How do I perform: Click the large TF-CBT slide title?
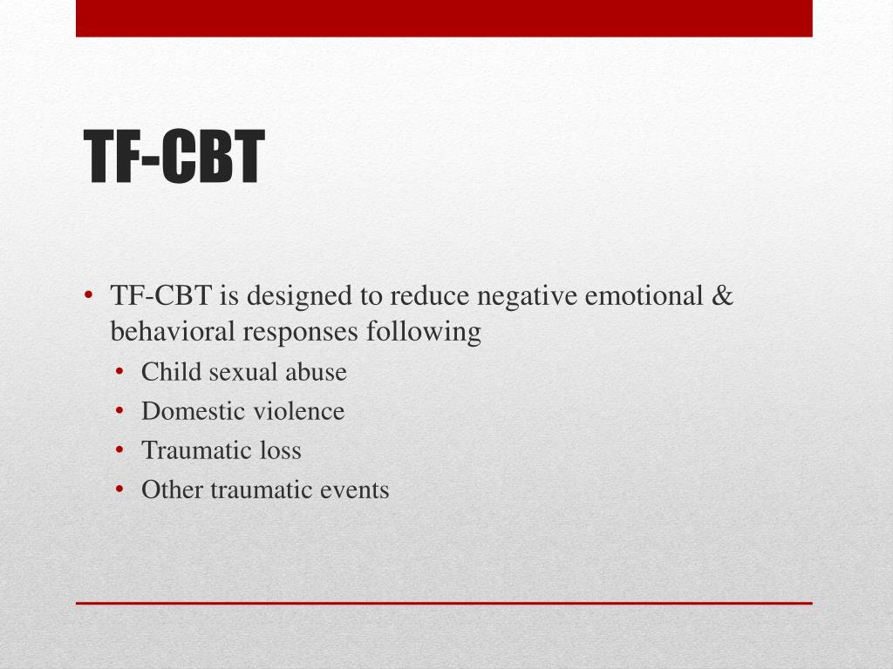pos(174,158)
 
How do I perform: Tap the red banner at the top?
pos(444,17)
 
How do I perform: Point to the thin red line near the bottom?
pos(444,603)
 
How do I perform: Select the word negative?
pos(527,297)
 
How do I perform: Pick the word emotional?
pos(644,297)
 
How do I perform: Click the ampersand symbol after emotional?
pos(723,297)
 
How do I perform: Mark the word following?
pos(424,332)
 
